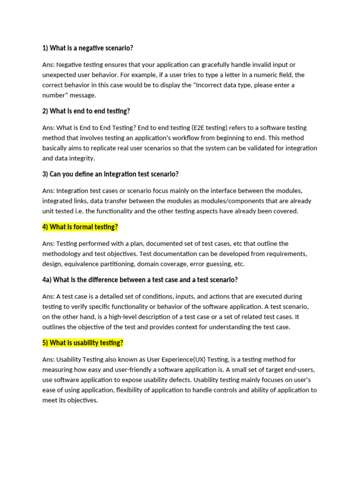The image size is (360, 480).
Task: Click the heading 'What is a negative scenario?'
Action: tap(88, 48)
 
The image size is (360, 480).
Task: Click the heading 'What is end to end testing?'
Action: tap(86, 112)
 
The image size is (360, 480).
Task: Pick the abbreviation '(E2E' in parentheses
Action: tap(200, 127)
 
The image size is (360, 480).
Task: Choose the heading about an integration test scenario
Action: tap(110, 174)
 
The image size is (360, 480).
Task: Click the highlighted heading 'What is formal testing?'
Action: tap(80, 227)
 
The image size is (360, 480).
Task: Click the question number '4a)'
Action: tap(47, 280)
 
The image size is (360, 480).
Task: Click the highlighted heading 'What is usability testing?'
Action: tap(82, 343)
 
